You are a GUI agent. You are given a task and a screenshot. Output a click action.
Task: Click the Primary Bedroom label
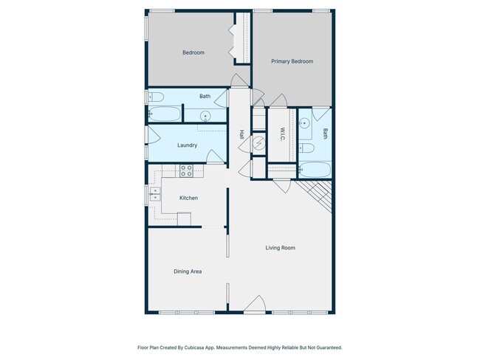292,61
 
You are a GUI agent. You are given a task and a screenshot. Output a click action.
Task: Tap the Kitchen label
188,198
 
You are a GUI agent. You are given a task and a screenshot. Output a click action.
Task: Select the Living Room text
281,248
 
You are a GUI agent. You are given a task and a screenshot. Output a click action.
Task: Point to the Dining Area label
188,271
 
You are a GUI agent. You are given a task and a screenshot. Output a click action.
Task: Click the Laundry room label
187,145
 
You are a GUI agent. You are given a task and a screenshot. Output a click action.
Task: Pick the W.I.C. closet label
282,134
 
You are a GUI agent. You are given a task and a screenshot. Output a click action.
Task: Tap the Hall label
241,134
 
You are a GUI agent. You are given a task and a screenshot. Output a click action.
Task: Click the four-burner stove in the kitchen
186,171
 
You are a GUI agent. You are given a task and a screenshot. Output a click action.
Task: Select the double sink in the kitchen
155,194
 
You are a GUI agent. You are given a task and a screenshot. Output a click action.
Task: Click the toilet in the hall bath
156,97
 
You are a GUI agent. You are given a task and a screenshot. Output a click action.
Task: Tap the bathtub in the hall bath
165,114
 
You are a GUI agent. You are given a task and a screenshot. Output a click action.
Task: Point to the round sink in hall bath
205,117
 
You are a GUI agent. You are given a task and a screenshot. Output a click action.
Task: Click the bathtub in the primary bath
315,170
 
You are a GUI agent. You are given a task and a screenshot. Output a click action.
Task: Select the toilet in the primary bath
306,148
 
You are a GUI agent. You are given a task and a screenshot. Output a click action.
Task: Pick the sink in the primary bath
304,124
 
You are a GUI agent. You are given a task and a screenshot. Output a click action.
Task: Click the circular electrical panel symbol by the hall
258,143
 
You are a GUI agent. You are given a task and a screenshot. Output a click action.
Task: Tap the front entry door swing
255,305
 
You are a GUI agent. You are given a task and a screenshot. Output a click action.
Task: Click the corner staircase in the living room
317,193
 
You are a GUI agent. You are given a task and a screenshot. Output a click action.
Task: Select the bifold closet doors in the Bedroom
232,41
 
